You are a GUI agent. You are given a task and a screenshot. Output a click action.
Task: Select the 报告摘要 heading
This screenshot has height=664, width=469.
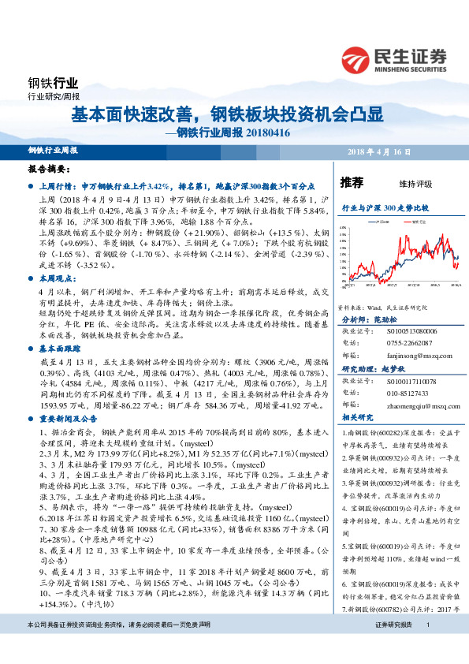[49, 169]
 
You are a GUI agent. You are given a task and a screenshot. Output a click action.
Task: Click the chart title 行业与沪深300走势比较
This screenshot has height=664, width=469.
[384, 207]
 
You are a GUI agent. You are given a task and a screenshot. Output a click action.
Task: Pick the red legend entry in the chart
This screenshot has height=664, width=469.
[415, 223]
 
